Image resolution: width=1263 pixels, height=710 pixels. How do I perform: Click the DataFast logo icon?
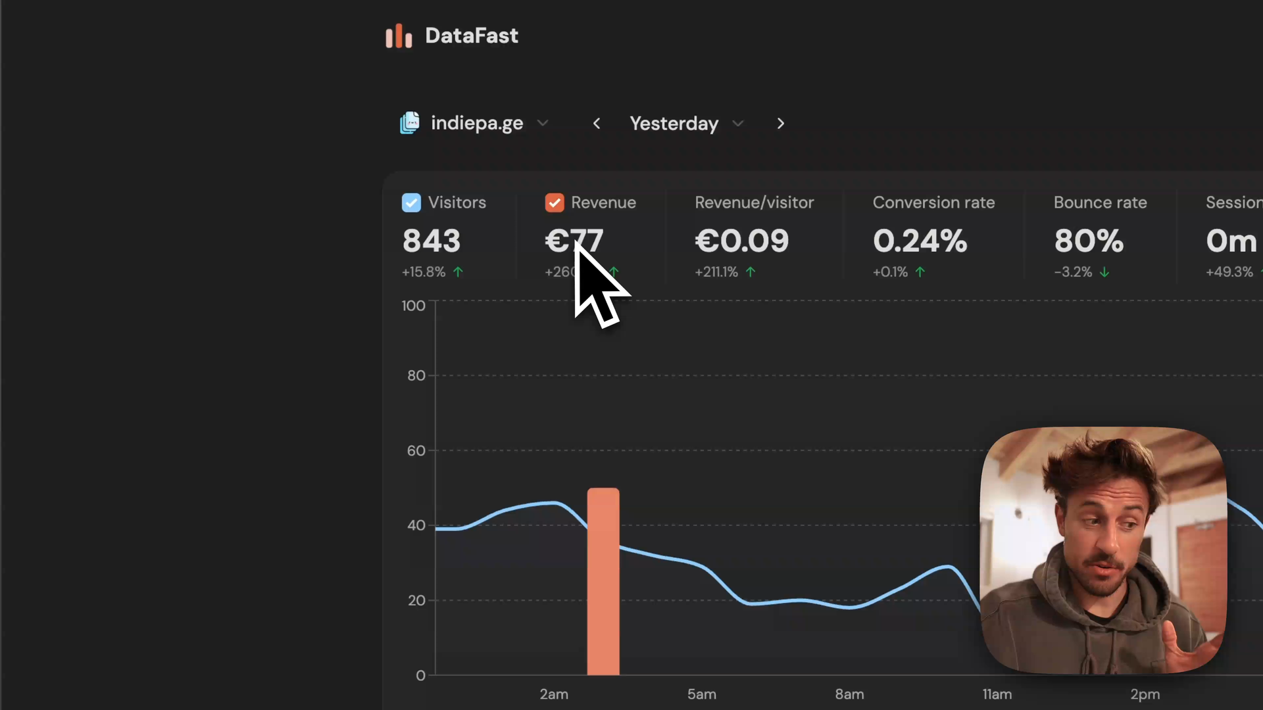399,36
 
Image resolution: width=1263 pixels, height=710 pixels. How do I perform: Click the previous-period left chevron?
597,124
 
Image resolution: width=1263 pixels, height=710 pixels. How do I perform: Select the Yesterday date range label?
674,124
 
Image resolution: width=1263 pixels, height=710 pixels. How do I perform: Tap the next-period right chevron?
780,124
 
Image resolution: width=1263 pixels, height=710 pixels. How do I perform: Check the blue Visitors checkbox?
411,202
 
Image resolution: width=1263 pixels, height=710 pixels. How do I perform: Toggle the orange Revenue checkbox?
555,202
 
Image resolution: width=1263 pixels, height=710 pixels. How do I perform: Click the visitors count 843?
432,241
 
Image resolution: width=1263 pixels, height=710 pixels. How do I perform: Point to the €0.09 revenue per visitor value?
741,241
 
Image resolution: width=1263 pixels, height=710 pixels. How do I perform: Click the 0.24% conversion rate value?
920,241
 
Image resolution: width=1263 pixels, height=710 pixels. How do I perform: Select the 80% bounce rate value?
1089,241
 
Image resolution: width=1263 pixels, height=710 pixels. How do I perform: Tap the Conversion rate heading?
933,202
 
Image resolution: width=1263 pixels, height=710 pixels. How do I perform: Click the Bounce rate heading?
1100,202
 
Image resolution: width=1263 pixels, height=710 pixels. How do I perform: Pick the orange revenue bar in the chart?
603,582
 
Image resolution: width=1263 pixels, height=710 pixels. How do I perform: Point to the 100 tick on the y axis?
413,306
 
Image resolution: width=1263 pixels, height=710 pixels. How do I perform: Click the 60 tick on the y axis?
416,451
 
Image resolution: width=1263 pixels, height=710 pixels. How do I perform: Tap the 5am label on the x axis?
702,694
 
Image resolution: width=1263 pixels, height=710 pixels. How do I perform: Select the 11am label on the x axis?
997,694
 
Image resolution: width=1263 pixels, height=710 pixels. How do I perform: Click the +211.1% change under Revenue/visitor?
716,272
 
